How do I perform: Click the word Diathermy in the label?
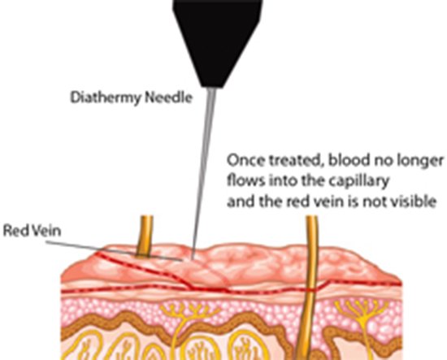click(106, 98)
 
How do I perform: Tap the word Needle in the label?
click(169, 98)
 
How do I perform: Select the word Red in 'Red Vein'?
click(15, 230)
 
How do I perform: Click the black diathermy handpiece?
click(217, 40)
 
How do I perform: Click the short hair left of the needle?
click(145, 236)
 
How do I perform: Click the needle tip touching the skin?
click(193, 258)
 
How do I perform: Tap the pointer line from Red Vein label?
click(114, 251)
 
